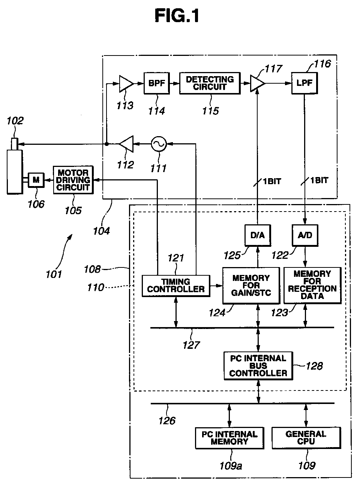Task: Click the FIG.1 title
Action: pyautogui.click(x=177, y=16)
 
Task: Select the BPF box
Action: pyautogui.click(x=157, y=83)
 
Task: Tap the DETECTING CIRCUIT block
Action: pyautogui.click(x=210, y=83)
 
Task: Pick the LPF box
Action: pyautogui.click(x=304, y=83)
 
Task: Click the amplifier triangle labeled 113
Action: pyautogui.click(x=125, y=83)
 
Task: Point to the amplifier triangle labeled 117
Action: pyautogui.click(x=258, y=83)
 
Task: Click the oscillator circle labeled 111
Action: pyautogui.click(x=158, y=144)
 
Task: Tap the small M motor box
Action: pyautogui.click(x=36, y=180)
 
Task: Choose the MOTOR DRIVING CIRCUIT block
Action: pyautogui.click(x=73, y=180)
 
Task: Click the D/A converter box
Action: pyautogui.click(x=257, y=236)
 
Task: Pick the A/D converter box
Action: pyautogui.click(x=304, y=236)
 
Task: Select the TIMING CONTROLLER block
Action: pyautogui.click(x=175, y=285)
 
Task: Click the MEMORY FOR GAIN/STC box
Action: pyautogui.click(x=251, y=285)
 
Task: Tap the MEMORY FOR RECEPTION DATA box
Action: pyautogui.click(x=312, y=285)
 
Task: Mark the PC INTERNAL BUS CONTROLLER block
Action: pyautogui.click(x=258, y=366)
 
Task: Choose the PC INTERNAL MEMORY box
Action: pyautogui.click(x=229, y=438)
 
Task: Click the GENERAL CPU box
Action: pyautogui.click(x=306, y=438)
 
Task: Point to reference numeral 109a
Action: pyautogui.click(x=231, y=465)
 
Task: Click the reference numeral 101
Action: pyautogui.click(x=54, y=274)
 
